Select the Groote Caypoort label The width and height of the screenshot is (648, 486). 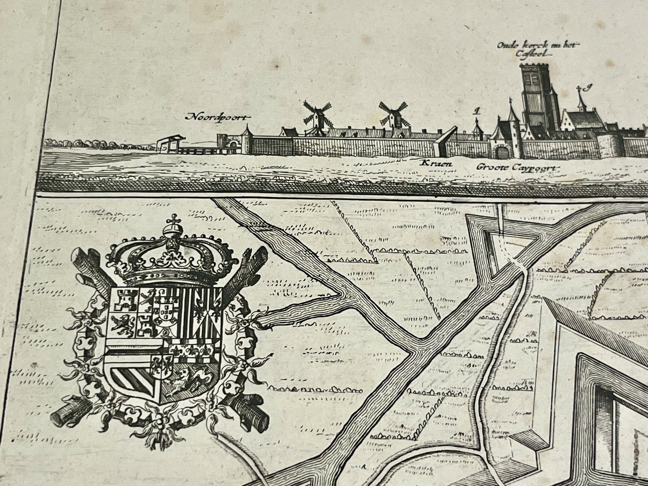pos(516,167)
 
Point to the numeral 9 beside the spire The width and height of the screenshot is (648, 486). pos(588,88)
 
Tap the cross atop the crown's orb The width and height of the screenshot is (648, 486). pos(172,220)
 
